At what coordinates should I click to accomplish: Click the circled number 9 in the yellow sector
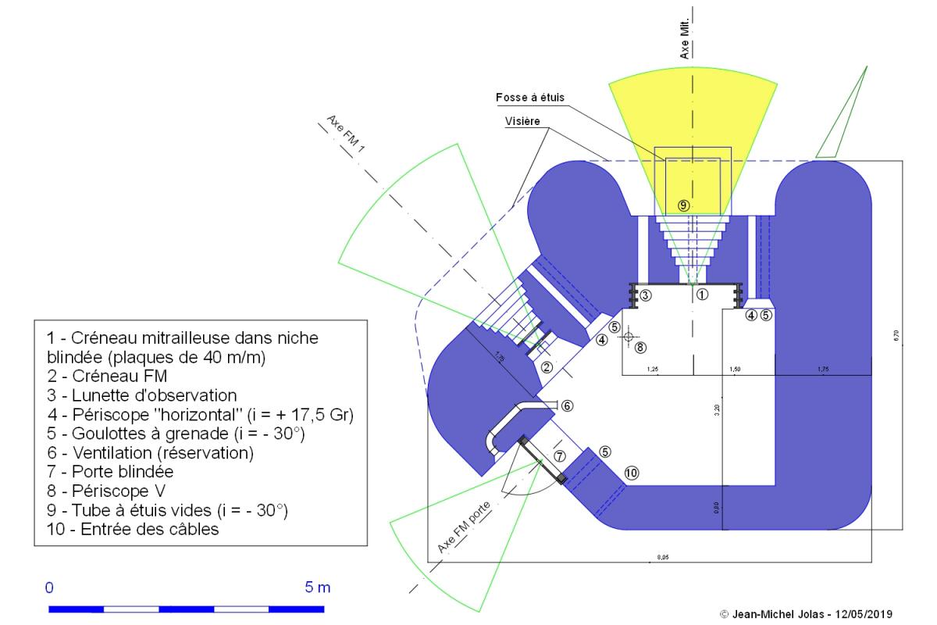tap(683, 205)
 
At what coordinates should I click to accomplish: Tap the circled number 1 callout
tap(701, 295)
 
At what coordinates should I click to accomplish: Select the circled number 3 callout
tap(646, 295)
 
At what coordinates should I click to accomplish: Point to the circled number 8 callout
tap(641, 347)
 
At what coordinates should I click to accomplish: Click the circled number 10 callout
tap(631, 472)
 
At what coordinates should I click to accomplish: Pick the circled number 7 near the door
tap(559, 455)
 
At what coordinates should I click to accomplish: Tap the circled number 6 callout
tap(568, 405)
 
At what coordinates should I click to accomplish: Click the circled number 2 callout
tap(547, 366)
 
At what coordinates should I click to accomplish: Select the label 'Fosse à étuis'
tap(529, 98)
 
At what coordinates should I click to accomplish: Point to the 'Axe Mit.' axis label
tap(685, 41)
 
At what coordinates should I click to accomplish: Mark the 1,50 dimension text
tap(735, 368)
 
